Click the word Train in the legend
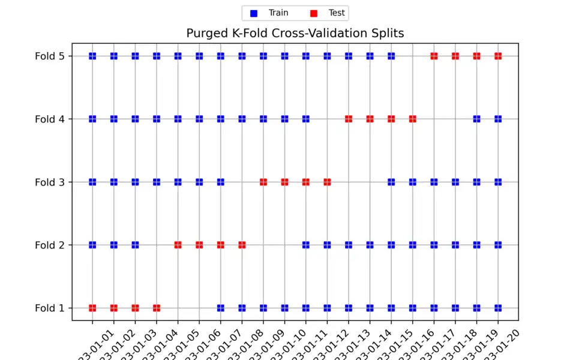tap(278, 13)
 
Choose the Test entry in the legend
tap(337, 13)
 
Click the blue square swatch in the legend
tap(254, 13)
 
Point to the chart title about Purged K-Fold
tap(295, 33)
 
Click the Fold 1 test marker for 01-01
tap(92, 308)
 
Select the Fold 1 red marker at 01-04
tap(157, 308)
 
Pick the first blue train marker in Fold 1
tap(221, 308)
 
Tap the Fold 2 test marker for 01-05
tap(178, 245)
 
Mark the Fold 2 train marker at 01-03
tap(135, 245)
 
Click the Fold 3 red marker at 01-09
tap(263, 182)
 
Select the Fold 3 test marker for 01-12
tap(327, 182)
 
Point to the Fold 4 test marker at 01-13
tap(349, 119)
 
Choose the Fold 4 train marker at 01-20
tap(498, 119)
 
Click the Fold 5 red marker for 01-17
tap(434, 56)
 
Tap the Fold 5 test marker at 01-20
tap(498, 56)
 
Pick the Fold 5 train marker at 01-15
tap(391, 56)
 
